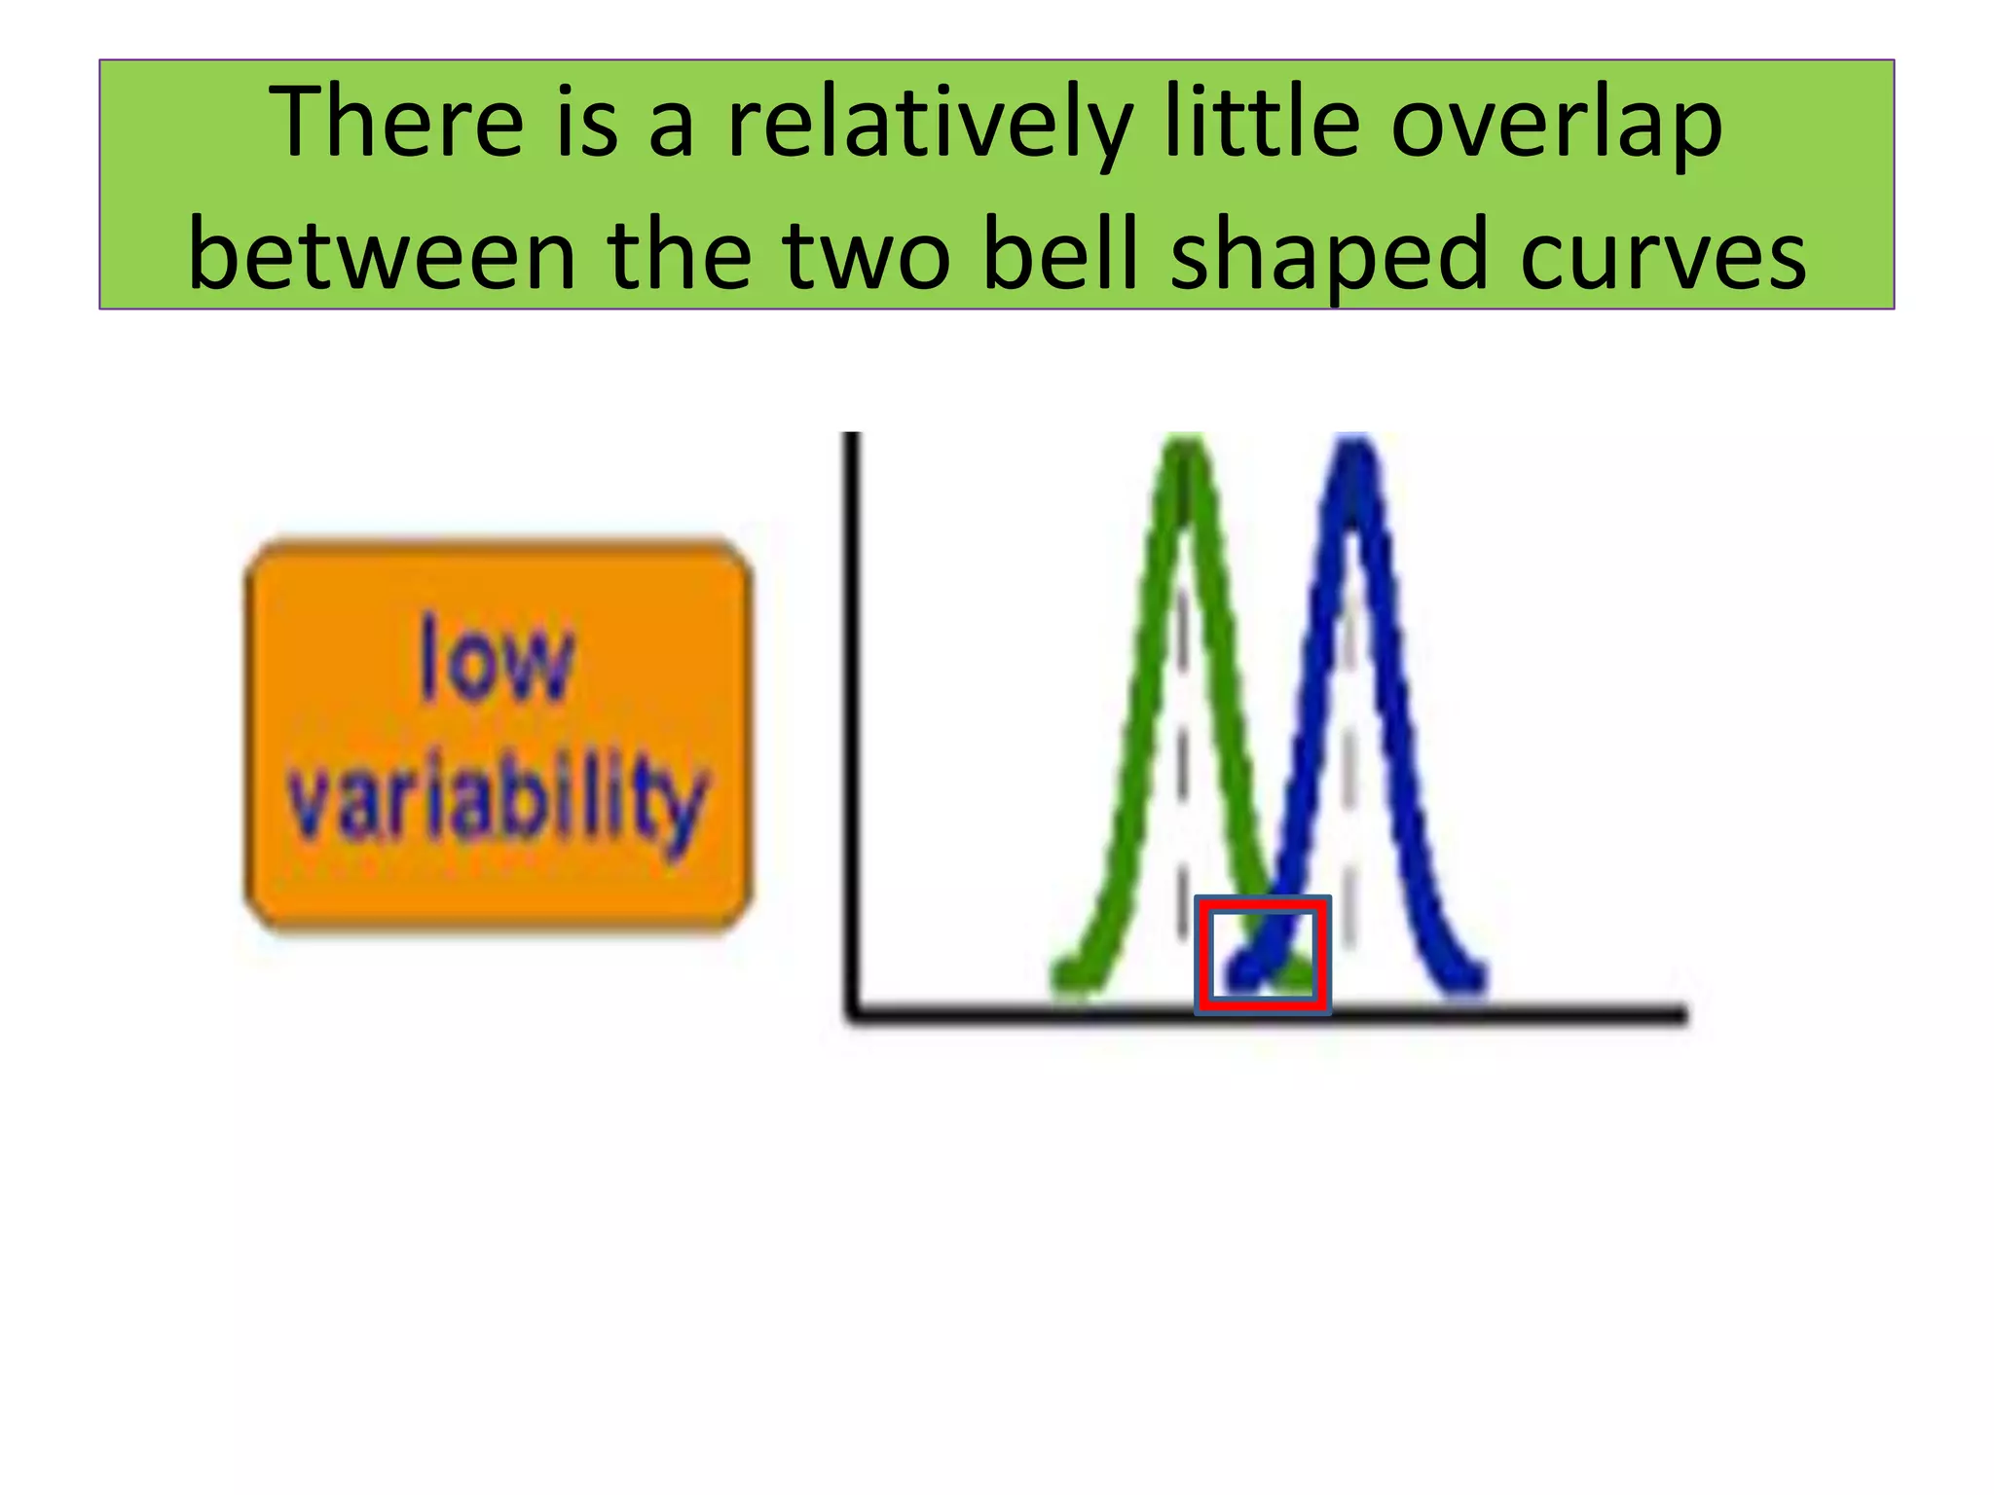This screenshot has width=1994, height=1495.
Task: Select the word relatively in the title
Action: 929,123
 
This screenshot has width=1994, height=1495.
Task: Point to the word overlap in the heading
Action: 1556,123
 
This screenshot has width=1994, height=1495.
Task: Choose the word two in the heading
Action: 866,255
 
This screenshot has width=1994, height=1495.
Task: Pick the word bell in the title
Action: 1060,255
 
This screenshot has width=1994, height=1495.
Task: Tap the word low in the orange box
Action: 497,660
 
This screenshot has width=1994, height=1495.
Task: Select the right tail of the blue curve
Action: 1467,976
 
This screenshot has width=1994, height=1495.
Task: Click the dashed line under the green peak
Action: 1181,759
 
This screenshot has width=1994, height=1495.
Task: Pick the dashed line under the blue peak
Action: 1349,759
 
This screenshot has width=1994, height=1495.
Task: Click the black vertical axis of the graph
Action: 852,720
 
